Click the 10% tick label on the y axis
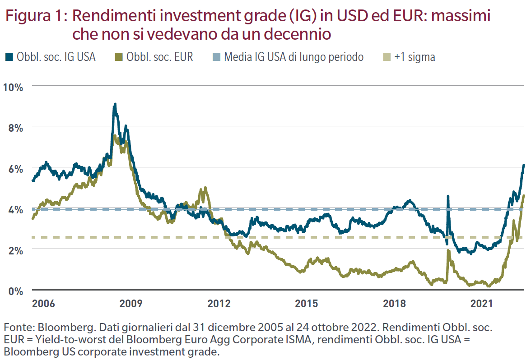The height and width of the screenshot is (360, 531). [14, 87]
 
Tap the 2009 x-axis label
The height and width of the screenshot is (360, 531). [131, 303]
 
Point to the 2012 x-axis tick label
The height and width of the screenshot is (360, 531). [219, 303]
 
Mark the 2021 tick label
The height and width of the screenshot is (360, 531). [482, 303]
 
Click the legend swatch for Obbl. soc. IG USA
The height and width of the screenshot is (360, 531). [9, 57]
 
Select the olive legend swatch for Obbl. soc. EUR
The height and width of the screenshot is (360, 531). [118, 57]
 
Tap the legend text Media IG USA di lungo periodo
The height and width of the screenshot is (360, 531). [293, 57]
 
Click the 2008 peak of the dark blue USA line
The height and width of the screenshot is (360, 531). [115, 105]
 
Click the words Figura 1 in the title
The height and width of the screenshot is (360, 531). [35, 17]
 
